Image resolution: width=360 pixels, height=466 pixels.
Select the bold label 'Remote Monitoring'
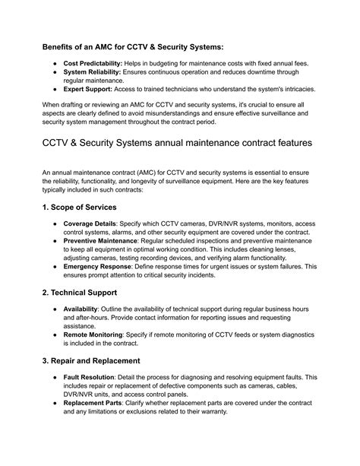click(93, 357)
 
